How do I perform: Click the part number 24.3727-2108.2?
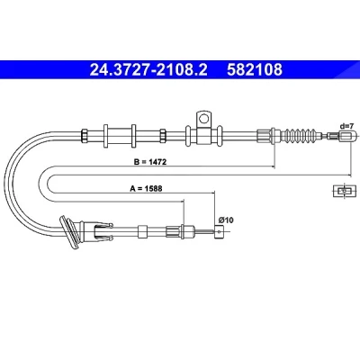(x=148, y=69)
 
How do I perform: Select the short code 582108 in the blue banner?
(x=255, y=69)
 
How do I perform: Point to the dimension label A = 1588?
(x=146, y=188)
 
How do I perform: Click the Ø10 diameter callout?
(x=226, y=220)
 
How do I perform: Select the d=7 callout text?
(x=347, y=126)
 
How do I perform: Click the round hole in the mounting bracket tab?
(x=204, y=119)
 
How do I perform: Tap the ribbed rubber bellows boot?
(x=301, y=135)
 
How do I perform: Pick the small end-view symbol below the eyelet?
(x=345, y=191)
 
